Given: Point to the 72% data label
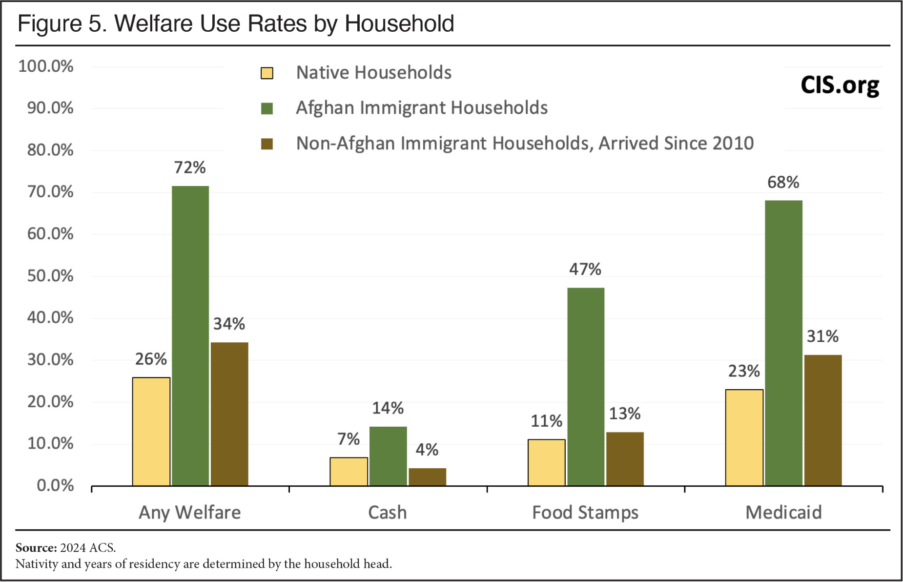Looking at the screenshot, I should click(x=190, y=167).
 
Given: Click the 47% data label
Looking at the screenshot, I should click(x=585, y=269).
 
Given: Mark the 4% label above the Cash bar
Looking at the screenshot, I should click(x=427, y=449).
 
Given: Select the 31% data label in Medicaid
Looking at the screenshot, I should click(x=822, y=336).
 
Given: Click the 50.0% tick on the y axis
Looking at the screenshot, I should click(x=50, y=276).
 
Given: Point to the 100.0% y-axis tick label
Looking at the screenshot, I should click(x=46, y=66).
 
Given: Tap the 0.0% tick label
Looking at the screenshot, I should click(x=55, y=485).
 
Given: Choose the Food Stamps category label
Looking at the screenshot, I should click(x=585, y=512).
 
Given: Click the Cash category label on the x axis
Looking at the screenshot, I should click(x=387, y=512).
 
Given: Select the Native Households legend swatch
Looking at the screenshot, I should click(x=267, y=73).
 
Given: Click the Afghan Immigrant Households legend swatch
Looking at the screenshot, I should click(x=267, y=108).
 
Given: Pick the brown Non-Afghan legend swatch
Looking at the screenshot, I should click(x=267, y=144).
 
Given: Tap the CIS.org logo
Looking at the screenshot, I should click(x=840, y=85).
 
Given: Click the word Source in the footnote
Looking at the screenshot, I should click(x=36, y=547).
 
